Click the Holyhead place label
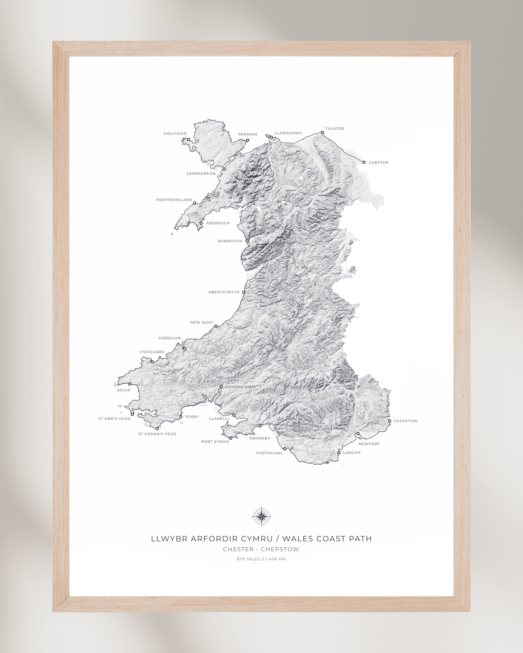(175, 134)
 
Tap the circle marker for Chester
(364, 162)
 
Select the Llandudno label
(288, 133)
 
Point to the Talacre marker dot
(322, 133)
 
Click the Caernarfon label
(201, 174)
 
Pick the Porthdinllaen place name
(174, 200)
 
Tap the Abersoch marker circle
(201, 223)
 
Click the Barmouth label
(230, 241)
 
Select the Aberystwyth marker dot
(244, 292)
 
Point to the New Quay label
(202, 323)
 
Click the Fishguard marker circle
(152, 362)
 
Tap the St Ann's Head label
(114, 419)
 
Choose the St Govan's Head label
(157, 434)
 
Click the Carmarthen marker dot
(221, 387)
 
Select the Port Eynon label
(215, 441)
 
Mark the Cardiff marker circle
(339, 453)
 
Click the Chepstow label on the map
(405, 421)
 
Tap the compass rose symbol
(261, 517)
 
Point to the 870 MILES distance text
(248, 559)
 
